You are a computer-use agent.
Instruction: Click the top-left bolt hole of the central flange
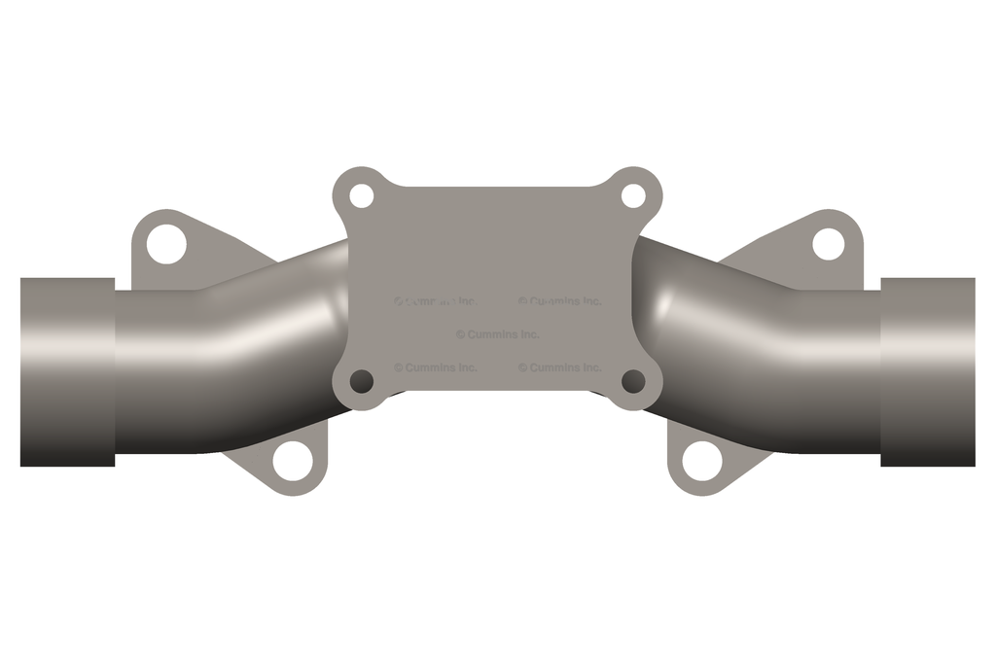pos(361,195)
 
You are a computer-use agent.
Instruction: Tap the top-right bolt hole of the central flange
pos(633,195)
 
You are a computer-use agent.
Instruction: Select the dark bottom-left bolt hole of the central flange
pos(361,381)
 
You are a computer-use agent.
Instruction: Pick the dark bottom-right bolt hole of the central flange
pos(633,381)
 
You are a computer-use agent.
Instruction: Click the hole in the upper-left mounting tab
pos(165,244)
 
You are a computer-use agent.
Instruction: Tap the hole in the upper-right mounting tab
pos(828,244)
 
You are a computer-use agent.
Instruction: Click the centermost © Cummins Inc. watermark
pos(497,334)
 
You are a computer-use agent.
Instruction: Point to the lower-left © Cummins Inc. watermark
pos(435,367)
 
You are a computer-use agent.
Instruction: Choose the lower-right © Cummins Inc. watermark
pos(559,367)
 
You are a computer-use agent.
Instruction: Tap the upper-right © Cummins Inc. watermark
pos(559,301)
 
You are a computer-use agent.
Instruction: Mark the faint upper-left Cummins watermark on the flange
pos(435,301)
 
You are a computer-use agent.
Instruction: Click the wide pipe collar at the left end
pos(67,371)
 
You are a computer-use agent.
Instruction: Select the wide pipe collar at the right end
pos(928,371)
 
